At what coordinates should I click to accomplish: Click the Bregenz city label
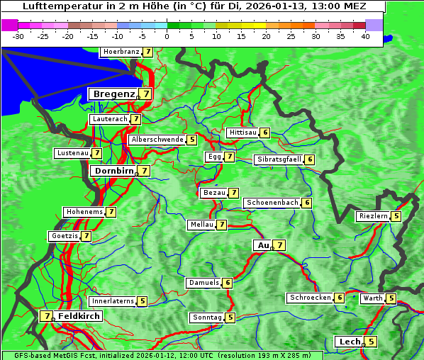pos(113,94)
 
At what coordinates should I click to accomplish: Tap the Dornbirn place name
pos(113,171)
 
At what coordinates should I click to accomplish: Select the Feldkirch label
pos(79,316)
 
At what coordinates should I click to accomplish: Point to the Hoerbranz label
pos(121,52)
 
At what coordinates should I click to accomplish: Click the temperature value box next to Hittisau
pos(265,133)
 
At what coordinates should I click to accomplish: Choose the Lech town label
pos(350,342)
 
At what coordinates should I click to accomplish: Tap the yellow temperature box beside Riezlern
pos(396,216)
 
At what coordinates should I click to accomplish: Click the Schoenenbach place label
pos(272,203)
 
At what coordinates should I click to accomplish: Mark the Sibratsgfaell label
pos(279,159)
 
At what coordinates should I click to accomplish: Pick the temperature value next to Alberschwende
pos(192,140)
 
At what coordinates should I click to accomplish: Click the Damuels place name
pos(203,283)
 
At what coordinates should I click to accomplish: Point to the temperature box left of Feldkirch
pos(47,316)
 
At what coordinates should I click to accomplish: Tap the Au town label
pos(263,245)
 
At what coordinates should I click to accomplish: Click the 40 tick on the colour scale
pos(365,36)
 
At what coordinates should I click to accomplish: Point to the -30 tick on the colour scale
pos(18,36)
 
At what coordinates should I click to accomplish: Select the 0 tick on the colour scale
pos(167,36)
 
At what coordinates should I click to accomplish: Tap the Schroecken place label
pos(310,298)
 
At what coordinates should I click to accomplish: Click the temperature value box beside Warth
pos(391,298)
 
